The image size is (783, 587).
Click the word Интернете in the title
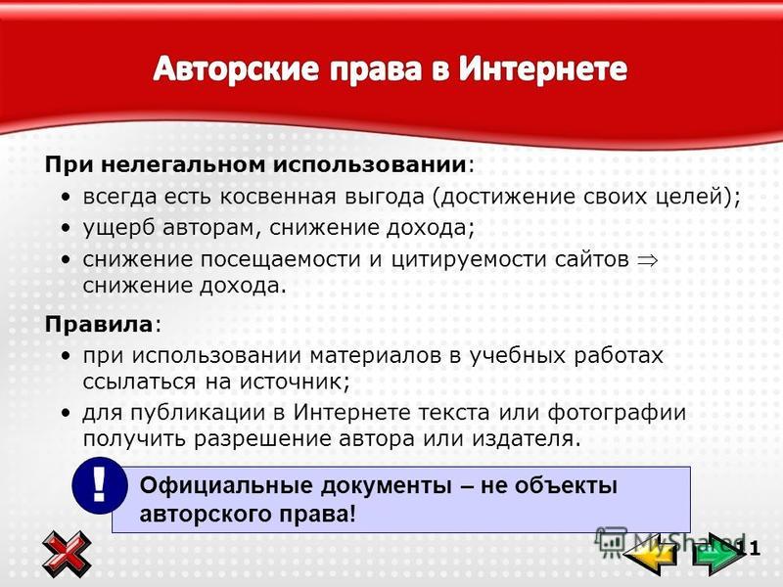click(543, 68)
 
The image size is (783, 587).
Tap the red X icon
click(67, 554)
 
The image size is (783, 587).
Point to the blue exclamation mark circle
click(100, 485)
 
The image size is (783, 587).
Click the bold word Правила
click(99, 325)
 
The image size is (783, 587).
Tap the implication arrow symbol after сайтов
click(647, 260)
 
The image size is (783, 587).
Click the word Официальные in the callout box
click(226, 485)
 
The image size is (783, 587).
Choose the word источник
click(295, 383)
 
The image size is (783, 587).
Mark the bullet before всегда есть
click(66, 198)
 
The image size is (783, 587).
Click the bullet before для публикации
click(66, 414)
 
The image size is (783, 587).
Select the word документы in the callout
click(386, 486)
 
